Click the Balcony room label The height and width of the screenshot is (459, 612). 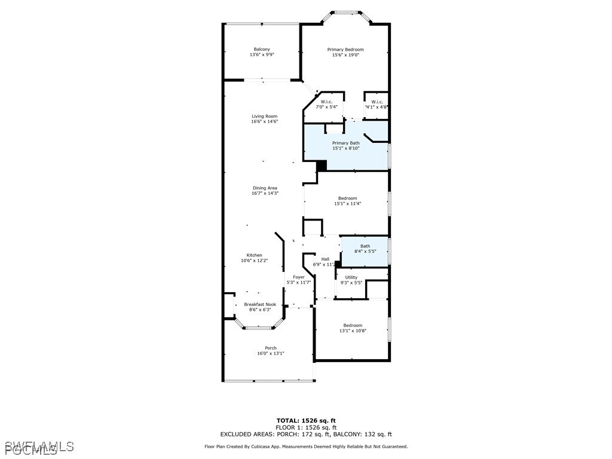point(262,50)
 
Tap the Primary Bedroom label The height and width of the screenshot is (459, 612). point(345,50)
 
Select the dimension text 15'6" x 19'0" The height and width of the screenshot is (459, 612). point(345,55)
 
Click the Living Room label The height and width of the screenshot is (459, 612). point(264,117)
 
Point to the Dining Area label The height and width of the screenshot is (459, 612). point(265,188)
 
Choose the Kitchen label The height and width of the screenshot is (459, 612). point(255,255)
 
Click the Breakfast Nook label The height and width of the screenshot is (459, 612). point(260,304)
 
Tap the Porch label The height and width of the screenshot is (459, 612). point(271,348)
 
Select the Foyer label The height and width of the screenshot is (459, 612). point(299,277)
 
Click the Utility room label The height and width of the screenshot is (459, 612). point(351,277)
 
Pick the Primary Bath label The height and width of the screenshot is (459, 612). point(346,143)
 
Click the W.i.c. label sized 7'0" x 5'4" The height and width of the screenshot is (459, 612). point(326,102)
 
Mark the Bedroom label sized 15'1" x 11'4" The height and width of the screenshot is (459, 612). point(347,198)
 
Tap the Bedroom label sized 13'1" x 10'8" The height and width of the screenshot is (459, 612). point(353,326)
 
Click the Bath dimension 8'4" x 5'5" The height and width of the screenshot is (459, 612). point(365,252)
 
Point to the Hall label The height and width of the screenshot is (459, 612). point(325,259)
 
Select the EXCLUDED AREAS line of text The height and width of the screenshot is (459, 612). point(306,434)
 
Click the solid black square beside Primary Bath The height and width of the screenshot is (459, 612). point(322,166)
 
